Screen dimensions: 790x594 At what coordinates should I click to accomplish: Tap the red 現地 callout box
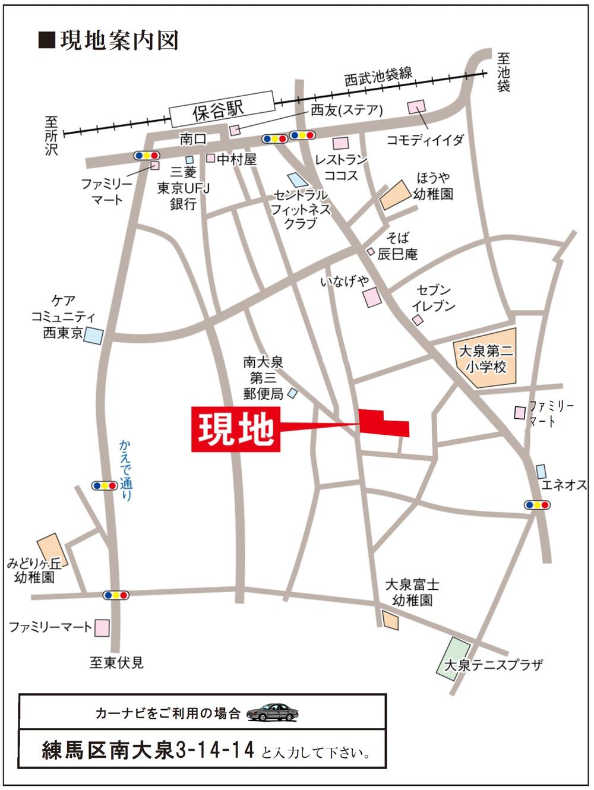click(236, 429)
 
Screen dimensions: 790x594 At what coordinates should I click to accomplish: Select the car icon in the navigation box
click(272, 712)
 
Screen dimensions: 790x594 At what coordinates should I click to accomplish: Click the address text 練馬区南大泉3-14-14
click(148, 750)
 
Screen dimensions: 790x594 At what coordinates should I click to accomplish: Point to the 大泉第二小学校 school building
click(485, 358)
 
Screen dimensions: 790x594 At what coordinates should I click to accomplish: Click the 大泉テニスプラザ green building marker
click(454, 656)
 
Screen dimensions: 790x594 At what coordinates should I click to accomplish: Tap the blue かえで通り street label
click(126, 470)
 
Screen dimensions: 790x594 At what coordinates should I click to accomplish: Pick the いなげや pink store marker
click(372, 298)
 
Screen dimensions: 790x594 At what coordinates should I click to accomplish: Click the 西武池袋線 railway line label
click(378, 77)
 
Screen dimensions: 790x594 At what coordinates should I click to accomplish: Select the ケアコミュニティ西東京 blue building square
click(93, 334)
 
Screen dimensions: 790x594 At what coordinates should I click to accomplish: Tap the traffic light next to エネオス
click(537, 505)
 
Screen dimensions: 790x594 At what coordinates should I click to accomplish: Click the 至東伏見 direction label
click(116, 662)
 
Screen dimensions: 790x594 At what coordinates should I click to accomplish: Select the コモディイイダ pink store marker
click(417, 108)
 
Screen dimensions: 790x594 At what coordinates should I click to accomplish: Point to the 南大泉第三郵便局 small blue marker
click(292, 393)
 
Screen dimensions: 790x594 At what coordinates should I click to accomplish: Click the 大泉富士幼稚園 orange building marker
click(390, 621)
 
